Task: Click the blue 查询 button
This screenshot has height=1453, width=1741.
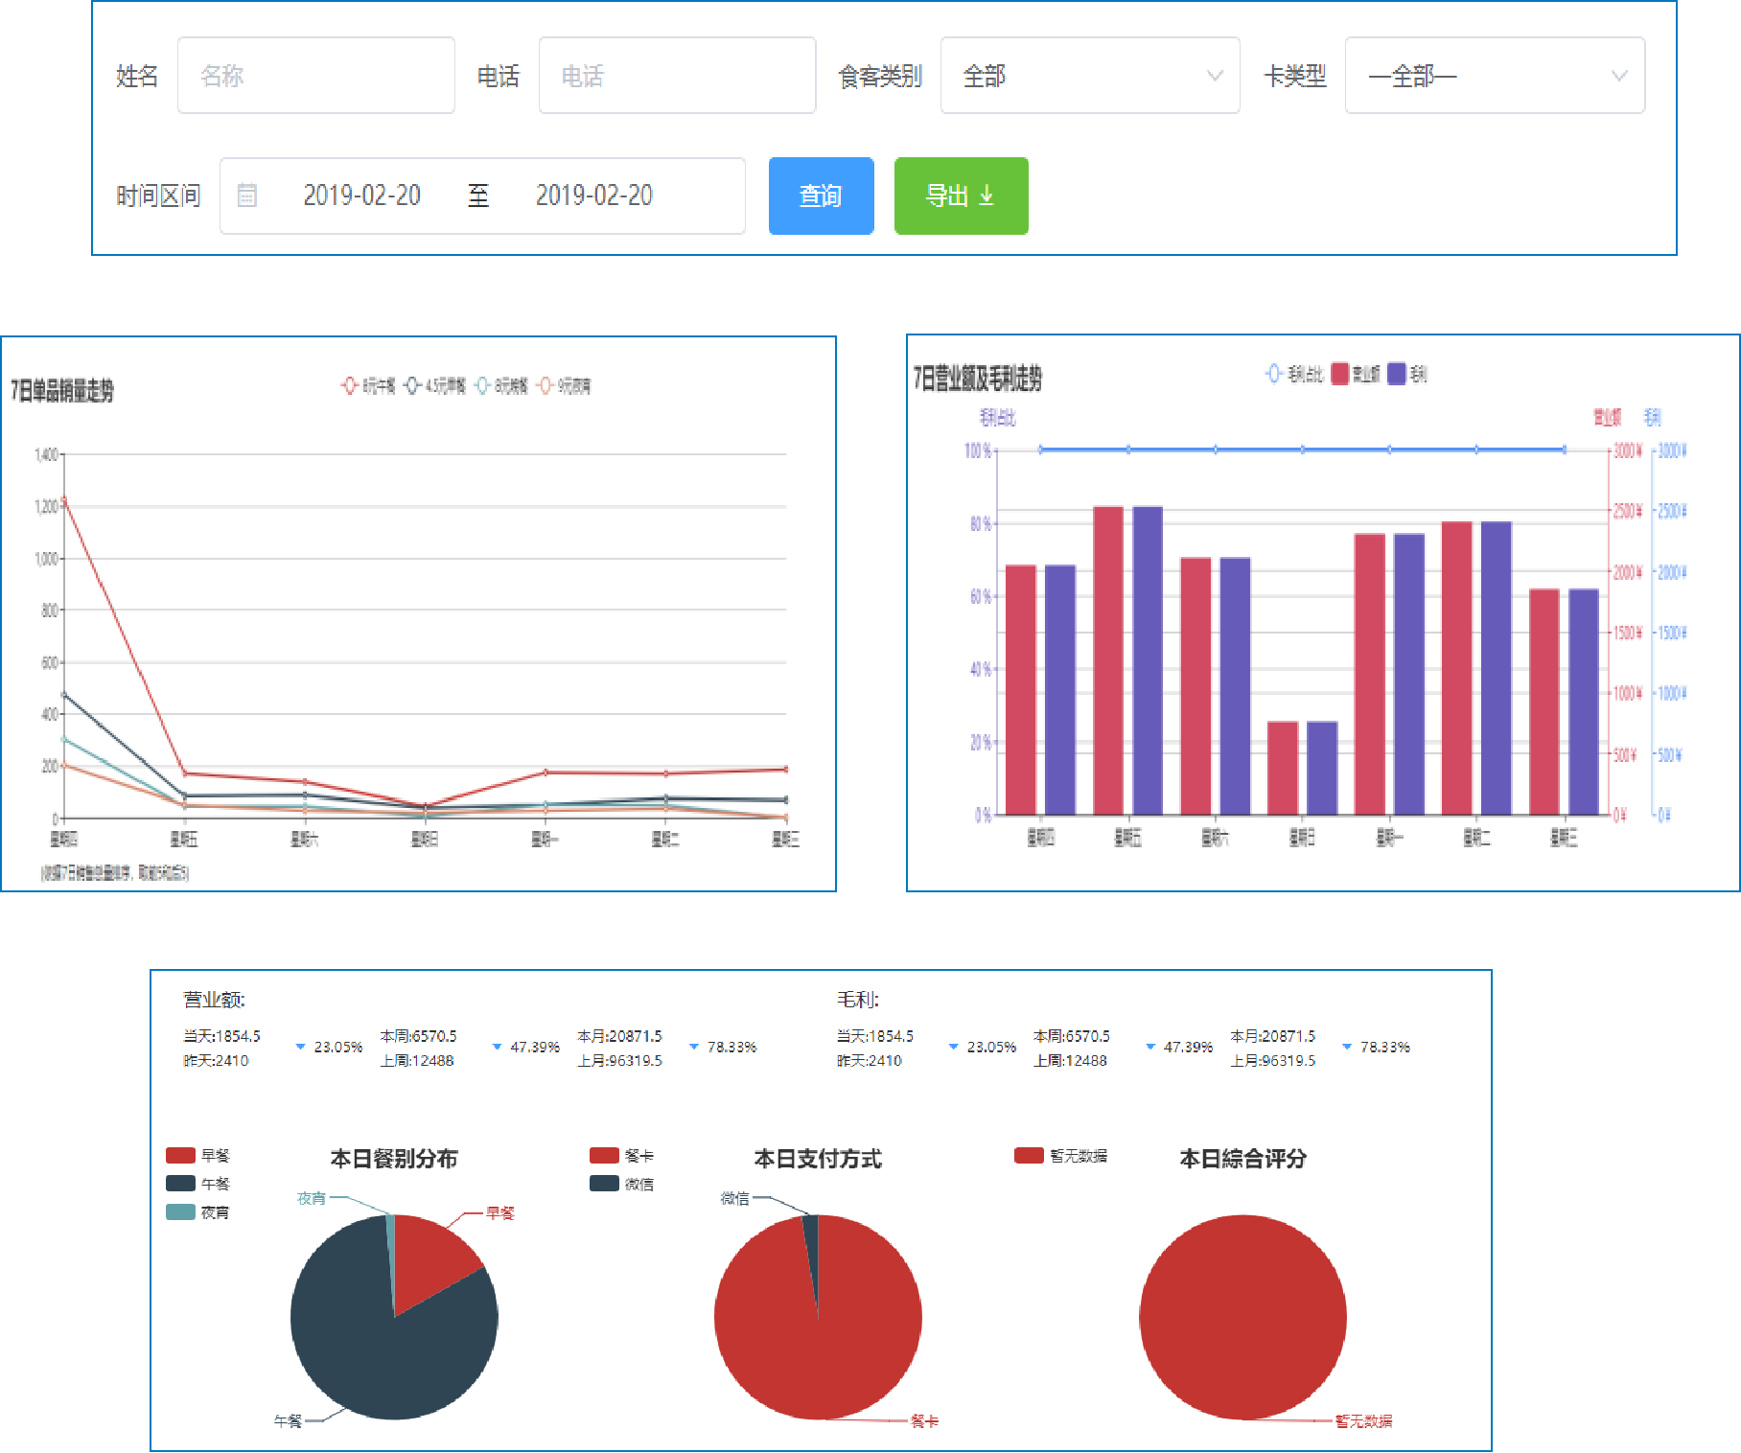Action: click(821, 196)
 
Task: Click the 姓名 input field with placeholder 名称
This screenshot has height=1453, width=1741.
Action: click(315, 76)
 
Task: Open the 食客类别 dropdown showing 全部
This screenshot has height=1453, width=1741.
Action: click(1089, 76)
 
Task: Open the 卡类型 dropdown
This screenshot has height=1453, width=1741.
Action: click(1494, 76)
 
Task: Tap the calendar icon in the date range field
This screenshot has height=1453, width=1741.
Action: click(247, 196)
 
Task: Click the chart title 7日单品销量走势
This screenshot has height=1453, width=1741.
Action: click(62, 391)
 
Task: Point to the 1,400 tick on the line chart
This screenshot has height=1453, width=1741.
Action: click(46, 454)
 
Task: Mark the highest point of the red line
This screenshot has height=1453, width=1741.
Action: click(64, 499)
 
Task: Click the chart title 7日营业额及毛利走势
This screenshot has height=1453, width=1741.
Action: click(977, 379)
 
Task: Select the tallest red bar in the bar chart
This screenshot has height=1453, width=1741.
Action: click(1108, 660)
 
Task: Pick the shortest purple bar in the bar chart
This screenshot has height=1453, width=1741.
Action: click(1322, 768)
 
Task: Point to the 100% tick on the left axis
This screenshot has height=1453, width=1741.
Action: click(977, 450)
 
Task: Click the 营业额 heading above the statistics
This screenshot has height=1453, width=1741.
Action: click(214, 1000)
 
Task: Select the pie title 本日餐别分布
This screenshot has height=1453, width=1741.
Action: click(394, 1159)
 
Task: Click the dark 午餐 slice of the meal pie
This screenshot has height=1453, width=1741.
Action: click(383, 1361)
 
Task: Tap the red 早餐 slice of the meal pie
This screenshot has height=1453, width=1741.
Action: click(431, 1256)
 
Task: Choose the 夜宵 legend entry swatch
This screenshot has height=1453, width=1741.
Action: click(180, 1212)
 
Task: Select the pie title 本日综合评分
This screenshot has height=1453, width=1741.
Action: click(1242, 1159)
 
